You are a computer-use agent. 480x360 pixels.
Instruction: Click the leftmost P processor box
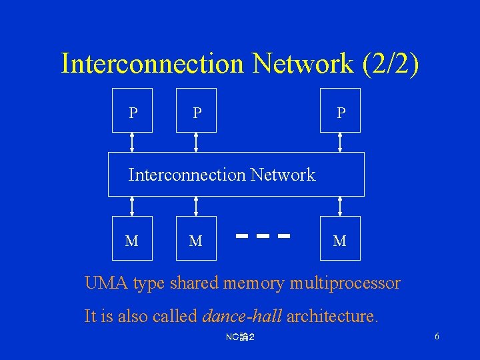[132, 111]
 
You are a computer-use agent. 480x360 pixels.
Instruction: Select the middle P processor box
[196, 111]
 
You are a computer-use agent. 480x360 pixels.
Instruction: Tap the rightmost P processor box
[340, 111]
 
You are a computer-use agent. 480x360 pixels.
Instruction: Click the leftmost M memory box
[132, 238]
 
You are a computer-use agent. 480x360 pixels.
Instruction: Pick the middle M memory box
[196, 238]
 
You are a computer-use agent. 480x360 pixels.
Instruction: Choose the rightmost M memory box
[340, 238]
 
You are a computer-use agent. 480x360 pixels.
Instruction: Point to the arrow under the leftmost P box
[132, 142]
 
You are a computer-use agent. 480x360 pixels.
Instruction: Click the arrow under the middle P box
[196, 142]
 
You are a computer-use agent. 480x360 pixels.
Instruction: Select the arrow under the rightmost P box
[341, 142]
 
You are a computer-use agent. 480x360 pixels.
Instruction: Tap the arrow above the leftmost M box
[132, 206]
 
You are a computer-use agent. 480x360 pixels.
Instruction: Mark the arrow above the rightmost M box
[341, 206]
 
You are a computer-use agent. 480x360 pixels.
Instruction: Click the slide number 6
[437, 337]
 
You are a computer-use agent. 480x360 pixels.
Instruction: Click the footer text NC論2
[240, 337]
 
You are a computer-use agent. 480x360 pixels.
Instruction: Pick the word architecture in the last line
[332, 315]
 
